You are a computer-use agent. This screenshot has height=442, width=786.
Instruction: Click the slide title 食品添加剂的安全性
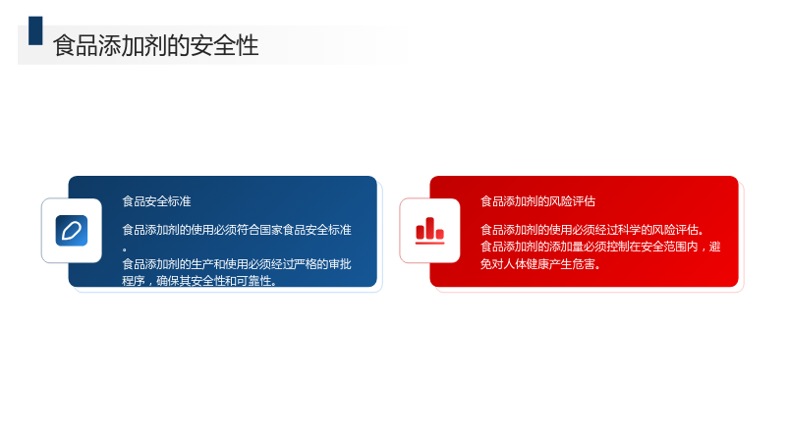(156, 45)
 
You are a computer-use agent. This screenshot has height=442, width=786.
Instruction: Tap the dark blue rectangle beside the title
(35, 30)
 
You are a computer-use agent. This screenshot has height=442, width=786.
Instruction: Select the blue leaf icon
(72, 231)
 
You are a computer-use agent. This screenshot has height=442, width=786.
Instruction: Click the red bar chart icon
(429, 231)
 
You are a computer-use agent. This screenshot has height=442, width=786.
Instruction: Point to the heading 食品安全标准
(156, 201)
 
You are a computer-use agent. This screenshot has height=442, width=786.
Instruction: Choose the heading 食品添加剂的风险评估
(537, 201)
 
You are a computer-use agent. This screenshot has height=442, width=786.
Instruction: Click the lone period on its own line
(125, 249)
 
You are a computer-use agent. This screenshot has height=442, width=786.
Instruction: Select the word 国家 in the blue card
(271, 230)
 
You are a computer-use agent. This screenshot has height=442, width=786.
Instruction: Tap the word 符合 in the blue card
(249, 230)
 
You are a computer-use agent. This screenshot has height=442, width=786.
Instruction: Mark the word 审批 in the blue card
(340, 263)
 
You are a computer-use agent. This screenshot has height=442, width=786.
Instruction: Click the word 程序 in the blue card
(134, 281)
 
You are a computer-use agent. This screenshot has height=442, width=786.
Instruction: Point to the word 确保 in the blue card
(168, 281)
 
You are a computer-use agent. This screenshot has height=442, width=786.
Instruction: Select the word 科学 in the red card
(629, 230)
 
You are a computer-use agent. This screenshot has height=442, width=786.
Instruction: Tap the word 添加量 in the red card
(555, 247)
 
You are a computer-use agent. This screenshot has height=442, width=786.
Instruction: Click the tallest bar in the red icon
(429, 228)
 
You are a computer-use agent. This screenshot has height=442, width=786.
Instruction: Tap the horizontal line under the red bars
(429, 243)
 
